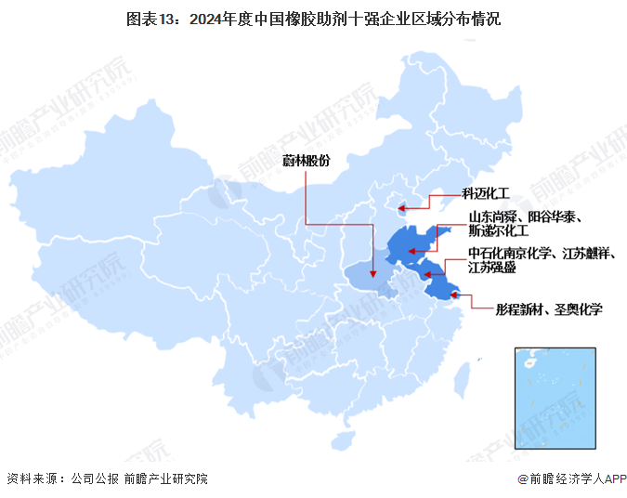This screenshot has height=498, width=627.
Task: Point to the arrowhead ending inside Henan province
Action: (372, 275)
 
